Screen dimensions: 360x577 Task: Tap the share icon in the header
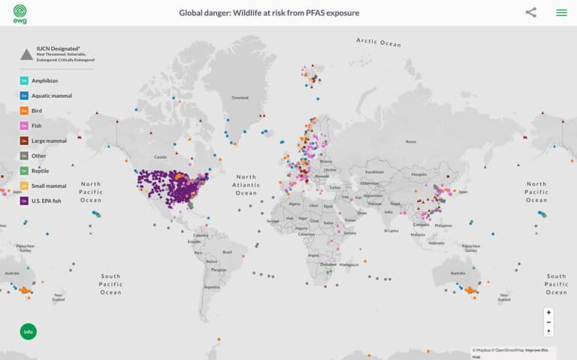531,12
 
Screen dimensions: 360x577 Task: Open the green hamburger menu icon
561,12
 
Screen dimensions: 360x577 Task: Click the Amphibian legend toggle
24,80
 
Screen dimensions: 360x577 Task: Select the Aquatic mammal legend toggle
24,95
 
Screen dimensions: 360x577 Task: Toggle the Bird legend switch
24,110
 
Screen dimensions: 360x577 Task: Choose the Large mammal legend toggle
24,141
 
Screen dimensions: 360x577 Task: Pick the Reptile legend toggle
24,171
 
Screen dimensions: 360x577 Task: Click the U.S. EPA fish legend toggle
24,201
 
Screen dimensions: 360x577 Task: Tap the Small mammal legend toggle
24,186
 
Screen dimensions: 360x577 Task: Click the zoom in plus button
548,312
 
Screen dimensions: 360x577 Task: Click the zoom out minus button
548,322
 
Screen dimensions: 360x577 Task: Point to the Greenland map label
240,97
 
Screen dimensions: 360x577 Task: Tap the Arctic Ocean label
380,42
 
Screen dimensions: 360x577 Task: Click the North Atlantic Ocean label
245,185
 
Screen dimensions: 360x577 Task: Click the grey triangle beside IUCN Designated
26,53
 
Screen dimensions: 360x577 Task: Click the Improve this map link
536,350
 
